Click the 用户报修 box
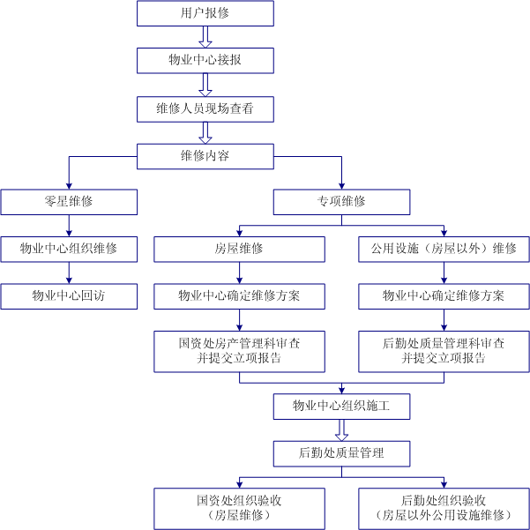tap(205, 13)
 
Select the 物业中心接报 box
tap(205, 60)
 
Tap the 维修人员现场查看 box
tap(205, 108)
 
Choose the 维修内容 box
tap(205, 155)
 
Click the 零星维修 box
tap(69, 202)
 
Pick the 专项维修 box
tap(341, 202)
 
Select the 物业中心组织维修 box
tap(69, 250)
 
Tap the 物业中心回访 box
tap(69, 296)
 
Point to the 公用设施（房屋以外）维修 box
tap(444, 250)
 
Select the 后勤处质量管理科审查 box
tap(444, 351)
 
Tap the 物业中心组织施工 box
tap(341, 406)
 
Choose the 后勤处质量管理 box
tap(341, 453)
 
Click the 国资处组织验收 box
tap(239, 507)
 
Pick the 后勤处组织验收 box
tap(444, 507)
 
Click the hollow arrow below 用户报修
tap(205, 36)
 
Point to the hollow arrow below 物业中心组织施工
tap(341, 429)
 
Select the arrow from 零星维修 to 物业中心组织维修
tap(69, 226)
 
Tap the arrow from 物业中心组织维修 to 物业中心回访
tap(69, 273)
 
